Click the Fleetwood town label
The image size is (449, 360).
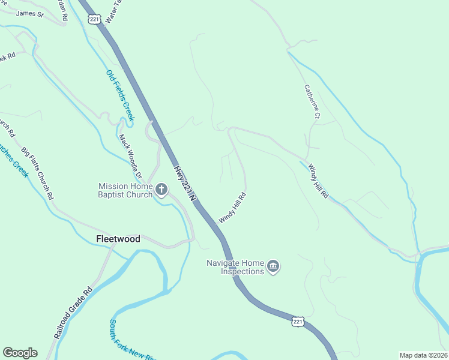click(118, 239)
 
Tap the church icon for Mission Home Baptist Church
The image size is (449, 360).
click(161, 190)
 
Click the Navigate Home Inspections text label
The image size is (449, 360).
click(235, 267)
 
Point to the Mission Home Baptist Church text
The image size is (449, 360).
click(125, 190)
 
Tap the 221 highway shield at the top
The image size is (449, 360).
click(94, 19)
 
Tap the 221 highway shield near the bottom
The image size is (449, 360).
click(298, 322)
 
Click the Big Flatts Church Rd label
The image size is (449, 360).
click(38, 173)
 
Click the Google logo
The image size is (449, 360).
click(20, 353)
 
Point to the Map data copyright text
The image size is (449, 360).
click(423, 355)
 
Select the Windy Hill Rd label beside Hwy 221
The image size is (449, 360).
click(233, 208)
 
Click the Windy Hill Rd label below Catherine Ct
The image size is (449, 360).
click(318, 181)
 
